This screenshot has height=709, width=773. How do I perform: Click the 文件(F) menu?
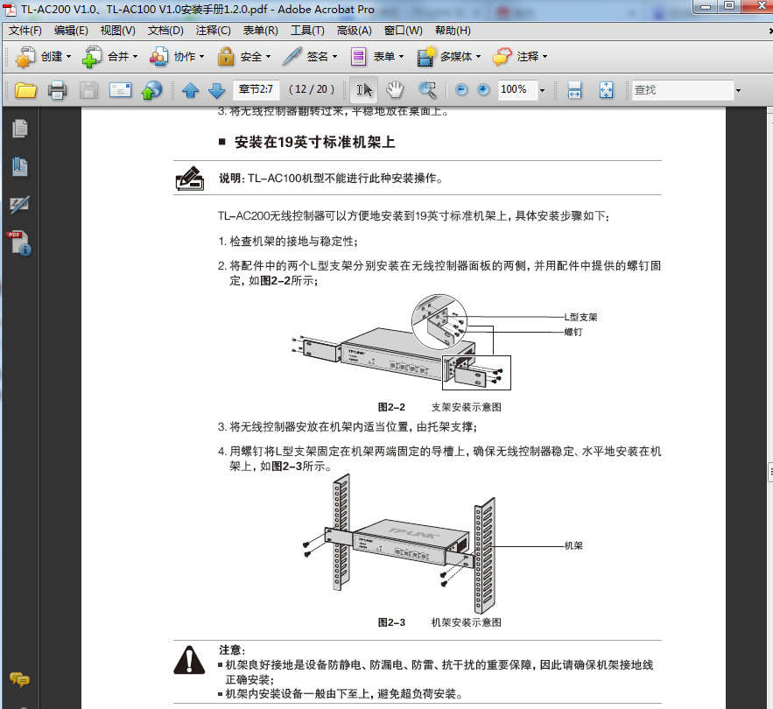[x=25, y=31]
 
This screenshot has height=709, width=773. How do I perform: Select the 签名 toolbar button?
[x=310, y=57]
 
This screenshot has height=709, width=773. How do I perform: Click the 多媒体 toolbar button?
[x=452, y=57]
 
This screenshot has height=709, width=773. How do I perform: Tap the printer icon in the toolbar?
[x=58, y=90]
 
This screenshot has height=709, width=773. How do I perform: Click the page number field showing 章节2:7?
[x=256, y=89]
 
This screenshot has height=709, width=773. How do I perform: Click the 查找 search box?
[x=683, y=90]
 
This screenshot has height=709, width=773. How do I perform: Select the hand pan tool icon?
[x=395, y=90]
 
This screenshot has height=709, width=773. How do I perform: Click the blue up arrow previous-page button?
[x=190, y=90]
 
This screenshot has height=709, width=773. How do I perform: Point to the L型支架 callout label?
[x=580, y=317]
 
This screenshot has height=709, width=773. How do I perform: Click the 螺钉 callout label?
[x=573, y=332]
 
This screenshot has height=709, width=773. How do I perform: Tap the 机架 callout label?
[x=573, y=545]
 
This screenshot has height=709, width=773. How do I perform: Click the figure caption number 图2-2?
[x=390, y=407]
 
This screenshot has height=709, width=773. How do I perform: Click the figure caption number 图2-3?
[x=390, y=622]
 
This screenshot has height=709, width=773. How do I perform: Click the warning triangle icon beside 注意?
[x=189, y=658]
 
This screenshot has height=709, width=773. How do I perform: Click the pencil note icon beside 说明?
[x=189, y=179]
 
